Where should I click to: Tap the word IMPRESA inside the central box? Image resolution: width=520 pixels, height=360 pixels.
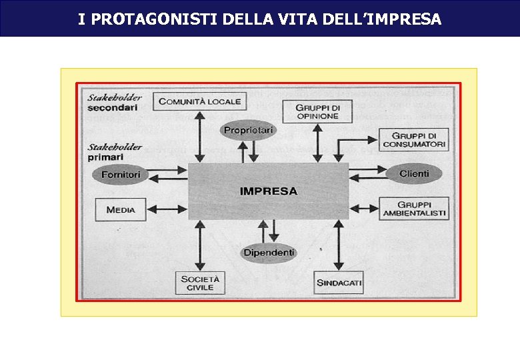tap(269, 191)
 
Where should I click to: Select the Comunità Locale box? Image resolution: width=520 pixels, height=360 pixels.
tap(200, 101)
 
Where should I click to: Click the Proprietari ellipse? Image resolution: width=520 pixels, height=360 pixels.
tap(248, 131)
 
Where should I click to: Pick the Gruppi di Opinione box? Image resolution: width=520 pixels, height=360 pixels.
tap(317, 111)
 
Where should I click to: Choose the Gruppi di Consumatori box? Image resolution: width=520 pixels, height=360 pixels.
tap(414, 140)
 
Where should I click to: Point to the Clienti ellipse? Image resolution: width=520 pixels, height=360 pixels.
tap(414, 174)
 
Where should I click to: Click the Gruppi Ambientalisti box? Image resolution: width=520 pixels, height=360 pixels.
tap(414, 209)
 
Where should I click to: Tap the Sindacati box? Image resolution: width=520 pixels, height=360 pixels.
tap(339, 283)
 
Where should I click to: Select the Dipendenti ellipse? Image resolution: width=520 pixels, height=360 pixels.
tap(269, 253)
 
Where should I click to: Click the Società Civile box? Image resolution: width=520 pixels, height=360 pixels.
tap(200, 283)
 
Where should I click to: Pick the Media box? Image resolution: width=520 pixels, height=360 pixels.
tap(121, 209)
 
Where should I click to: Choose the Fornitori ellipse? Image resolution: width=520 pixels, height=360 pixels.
tap(121, 175)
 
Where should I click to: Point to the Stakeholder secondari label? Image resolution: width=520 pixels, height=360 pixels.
tap(115, 102)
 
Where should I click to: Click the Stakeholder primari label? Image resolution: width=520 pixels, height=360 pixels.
tap(115, 152)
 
